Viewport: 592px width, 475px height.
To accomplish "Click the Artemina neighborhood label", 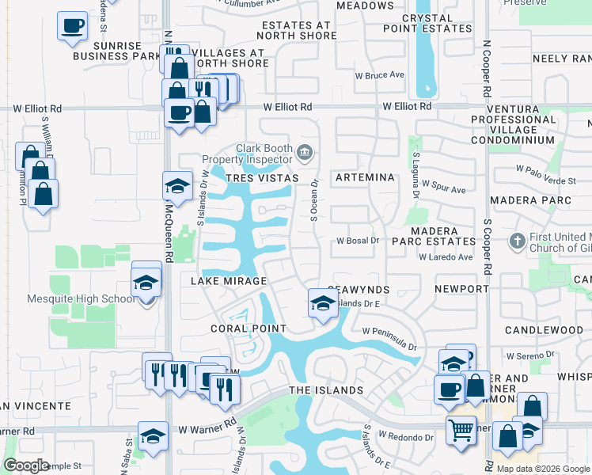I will click(x=365, y=178).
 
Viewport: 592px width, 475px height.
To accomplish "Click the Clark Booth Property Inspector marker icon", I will click(x=305, y=151).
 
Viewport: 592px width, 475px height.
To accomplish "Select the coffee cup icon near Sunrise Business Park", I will click(x=72, y=25).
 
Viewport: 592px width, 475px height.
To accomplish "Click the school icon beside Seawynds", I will click(x=322, y=302).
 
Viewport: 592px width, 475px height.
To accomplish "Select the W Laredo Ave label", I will click(x=446, y=257).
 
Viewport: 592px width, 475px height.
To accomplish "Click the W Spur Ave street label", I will click(x=444, y=190).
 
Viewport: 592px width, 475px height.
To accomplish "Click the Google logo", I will click(x=26, y=465).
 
